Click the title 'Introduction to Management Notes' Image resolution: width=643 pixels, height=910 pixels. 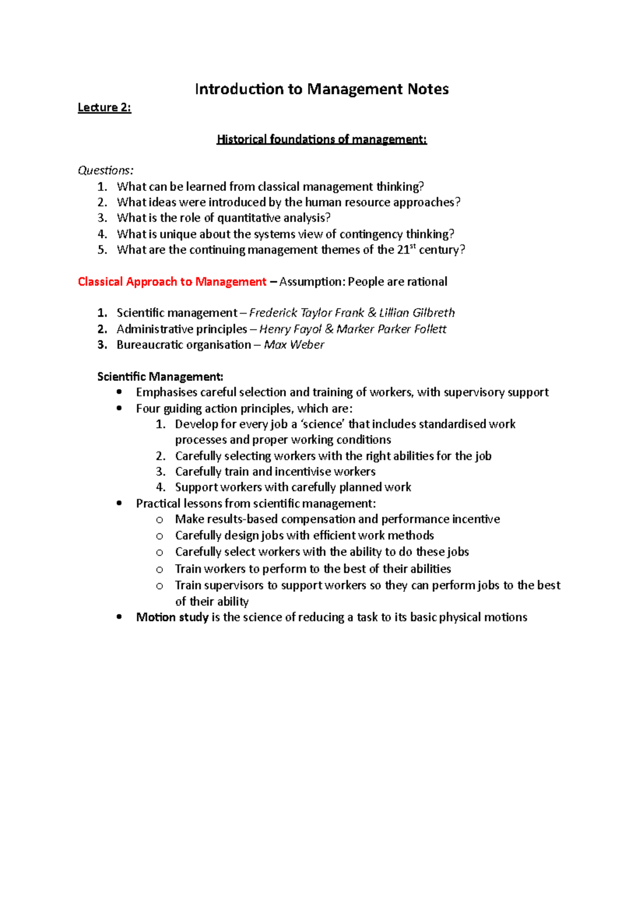322,89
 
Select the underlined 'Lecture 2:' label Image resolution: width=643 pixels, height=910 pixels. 104,108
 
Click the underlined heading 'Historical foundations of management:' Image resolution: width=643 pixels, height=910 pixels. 322,140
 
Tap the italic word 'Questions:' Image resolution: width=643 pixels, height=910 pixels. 106,170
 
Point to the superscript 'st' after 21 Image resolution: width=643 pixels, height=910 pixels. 414,246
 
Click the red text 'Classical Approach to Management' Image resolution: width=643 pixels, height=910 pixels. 172,282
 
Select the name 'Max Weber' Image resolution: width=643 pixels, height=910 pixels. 294,345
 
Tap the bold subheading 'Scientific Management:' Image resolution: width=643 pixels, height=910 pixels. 160,377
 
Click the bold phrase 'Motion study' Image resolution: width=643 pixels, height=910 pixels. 172,617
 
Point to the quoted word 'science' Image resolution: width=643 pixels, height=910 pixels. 322,424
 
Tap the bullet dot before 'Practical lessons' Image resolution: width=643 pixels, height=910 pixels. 119,503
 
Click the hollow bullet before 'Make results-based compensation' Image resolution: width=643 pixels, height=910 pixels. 159,519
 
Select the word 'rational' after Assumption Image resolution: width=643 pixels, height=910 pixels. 427,282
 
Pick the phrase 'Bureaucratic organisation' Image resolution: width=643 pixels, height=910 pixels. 184,345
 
